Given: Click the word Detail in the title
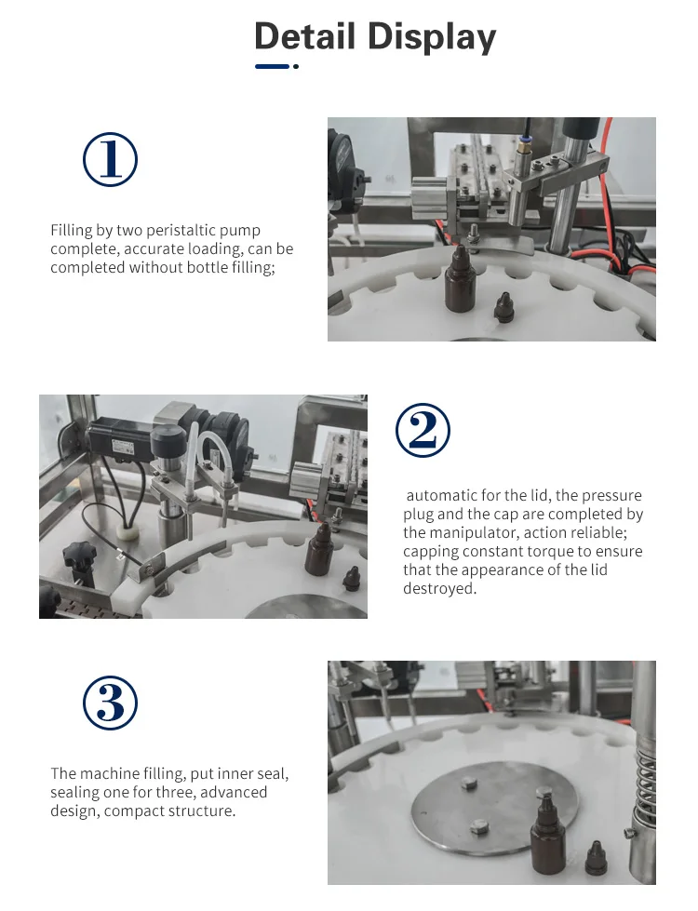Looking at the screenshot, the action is tap(304, 36).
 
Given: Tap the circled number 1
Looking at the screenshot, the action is tap(111, 160).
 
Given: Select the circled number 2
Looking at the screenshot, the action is tap(423, 431).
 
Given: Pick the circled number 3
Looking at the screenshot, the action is tap(111, 703).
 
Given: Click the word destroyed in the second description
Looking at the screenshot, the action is tap(439, 588).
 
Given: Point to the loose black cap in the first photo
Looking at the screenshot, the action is tap(503, 307).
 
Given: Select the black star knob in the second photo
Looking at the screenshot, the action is tap(79, 556).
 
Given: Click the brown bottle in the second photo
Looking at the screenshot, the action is tap(318, 550).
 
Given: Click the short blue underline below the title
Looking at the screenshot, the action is tap(272, 66).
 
